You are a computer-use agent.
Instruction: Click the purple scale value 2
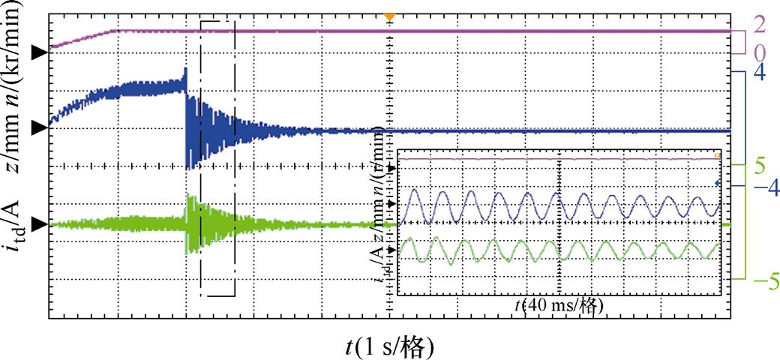click(x=759, y=23)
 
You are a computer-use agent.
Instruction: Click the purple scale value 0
click(x=759, y=53)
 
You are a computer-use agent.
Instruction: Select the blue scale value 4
click(x=758, y=73)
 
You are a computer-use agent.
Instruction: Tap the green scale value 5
click(x=759, y=164)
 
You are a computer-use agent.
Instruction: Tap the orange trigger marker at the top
click(x=388, y=16)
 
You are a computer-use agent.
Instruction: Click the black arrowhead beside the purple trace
click(x=37, y=52)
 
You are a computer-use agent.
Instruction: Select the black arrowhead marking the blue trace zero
click(x=37, y=128)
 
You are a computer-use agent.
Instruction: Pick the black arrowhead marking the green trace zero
click(x=37, y=224)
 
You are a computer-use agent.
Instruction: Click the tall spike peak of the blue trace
click(x=185, y=70)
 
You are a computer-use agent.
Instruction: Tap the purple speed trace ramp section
click(x=82, y=39)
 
